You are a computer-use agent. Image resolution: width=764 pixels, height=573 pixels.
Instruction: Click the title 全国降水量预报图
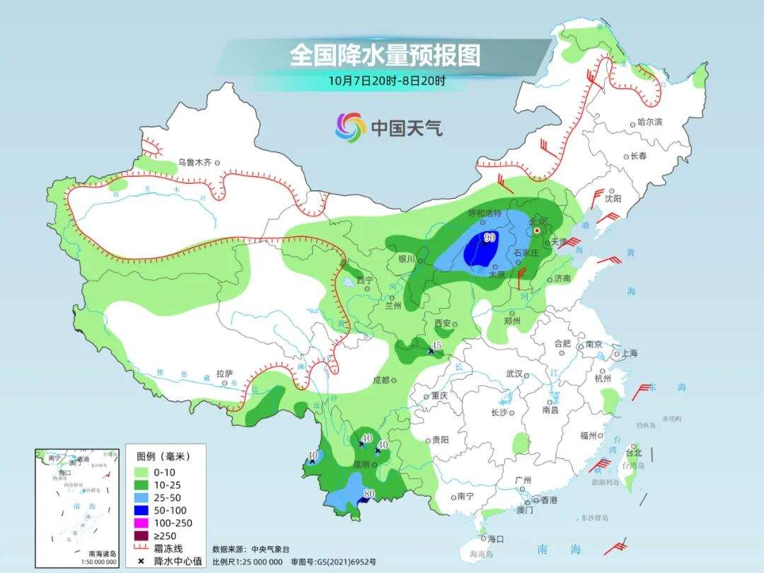384,55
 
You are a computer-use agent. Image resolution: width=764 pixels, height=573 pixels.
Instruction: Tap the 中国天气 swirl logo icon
350,127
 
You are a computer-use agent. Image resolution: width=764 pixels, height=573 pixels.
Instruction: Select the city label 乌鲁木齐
195,162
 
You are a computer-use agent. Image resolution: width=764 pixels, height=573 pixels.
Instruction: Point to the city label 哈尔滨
649,122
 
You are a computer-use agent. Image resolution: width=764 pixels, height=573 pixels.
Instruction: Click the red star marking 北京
538,231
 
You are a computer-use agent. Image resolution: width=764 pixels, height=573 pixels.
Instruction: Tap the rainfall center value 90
489,238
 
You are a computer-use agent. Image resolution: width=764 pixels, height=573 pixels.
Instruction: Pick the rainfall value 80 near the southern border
369,493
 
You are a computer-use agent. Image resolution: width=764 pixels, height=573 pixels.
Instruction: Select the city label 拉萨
224,374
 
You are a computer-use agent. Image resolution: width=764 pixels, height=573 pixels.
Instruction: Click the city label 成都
380,380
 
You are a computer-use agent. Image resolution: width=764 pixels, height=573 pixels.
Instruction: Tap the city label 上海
628,353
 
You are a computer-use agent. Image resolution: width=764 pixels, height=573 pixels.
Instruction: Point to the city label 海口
495,539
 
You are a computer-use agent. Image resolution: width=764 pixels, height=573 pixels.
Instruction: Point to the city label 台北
634,453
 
